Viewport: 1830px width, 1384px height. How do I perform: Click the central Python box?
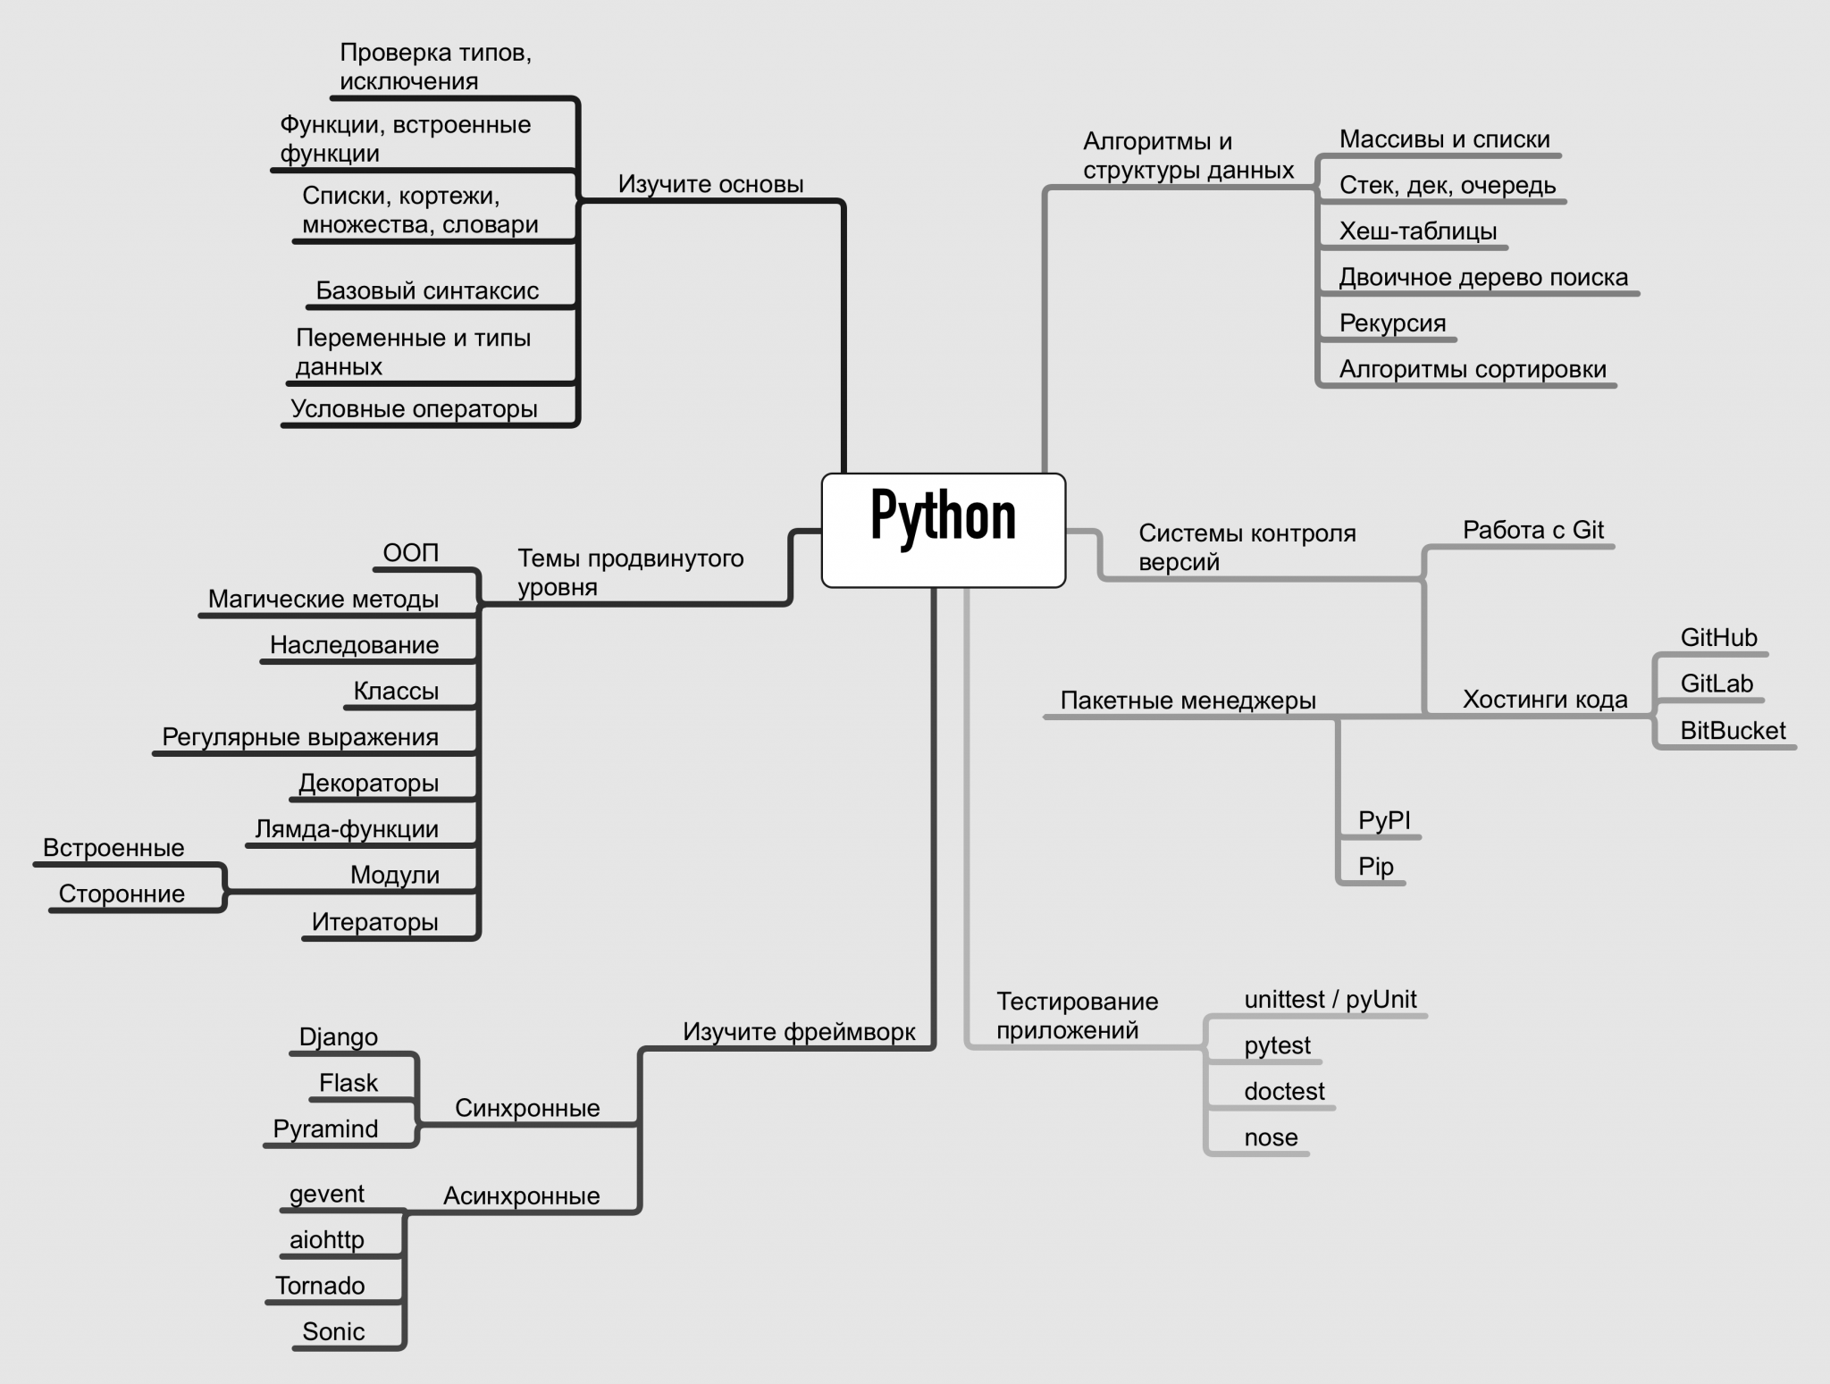point(943,530)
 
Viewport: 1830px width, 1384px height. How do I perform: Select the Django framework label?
point(338,1036)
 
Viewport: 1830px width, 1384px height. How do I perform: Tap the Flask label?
point(348,1083)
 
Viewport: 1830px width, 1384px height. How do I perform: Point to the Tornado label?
point(320,1286)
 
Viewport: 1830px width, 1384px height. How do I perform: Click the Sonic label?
point(333,1331)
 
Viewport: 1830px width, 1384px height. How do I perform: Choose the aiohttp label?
point(327,1239)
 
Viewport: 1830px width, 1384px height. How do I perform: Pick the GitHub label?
point(1718,638)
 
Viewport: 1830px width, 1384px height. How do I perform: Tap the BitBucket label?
point(1733,731)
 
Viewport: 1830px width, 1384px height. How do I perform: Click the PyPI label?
point(1384,820)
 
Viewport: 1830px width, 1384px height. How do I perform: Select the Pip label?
point(1376,867)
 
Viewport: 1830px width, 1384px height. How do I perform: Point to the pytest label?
point(1277,1045)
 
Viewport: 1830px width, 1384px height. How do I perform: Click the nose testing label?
point(1271,1137)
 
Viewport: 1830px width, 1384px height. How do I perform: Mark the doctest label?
point(1284,1091)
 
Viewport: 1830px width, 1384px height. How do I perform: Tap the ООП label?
point(411,553)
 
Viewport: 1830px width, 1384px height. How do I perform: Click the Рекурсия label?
point(1392,323)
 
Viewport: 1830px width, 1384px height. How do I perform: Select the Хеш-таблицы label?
point(1418,231)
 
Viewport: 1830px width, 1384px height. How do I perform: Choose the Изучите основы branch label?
point(711,184)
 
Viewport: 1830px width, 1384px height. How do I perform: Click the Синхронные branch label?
point(527,1108)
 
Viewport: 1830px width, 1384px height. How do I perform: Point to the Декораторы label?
point(368,784)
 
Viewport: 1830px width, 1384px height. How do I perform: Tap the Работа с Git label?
point(1533,530)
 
